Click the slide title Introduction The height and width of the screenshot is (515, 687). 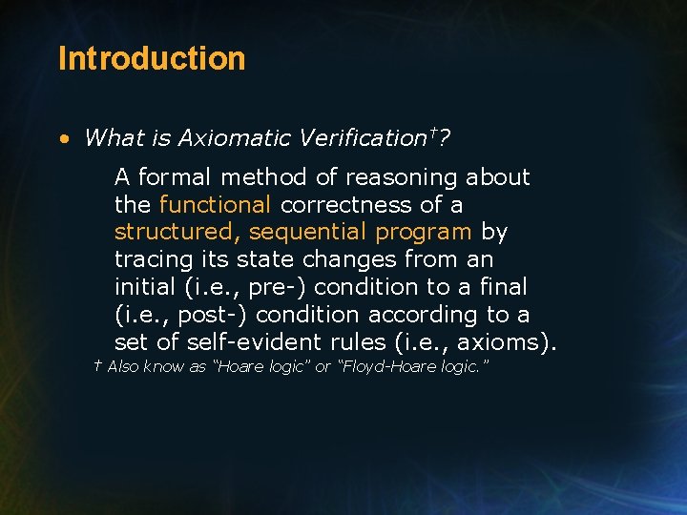click(x=152, y=58)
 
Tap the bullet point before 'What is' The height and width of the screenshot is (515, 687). click(x=63, y=139)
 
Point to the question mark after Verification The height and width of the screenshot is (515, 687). click(x=446, y=138)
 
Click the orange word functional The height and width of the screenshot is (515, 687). click(x=216, y=204)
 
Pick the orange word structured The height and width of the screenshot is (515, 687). click(x=174, y=232)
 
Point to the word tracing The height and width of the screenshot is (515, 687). click(x=152, y=259)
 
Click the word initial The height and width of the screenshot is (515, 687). click(x=145, y=287)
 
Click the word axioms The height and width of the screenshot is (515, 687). click(x=505, y=341)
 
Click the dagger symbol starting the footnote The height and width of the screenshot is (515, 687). click(x=97, y=366)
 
